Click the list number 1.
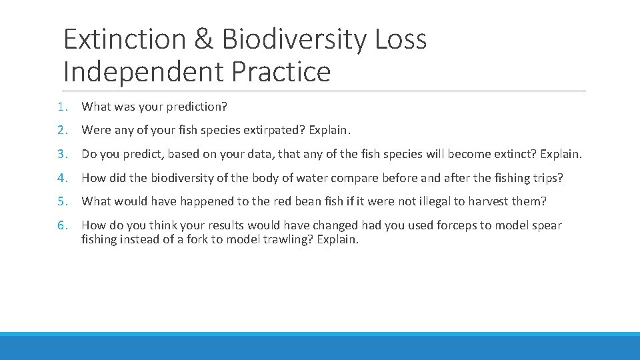tap(61, 107)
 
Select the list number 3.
tap(61, 155)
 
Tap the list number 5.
tap(61, 202)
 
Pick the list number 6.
tap(61, 225)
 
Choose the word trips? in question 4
tap(547, 179)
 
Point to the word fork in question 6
tap(199, 239)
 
